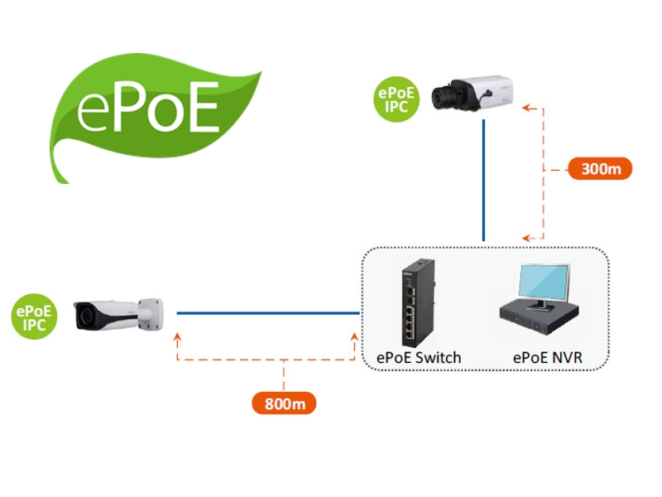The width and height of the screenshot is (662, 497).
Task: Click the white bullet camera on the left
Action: point(116,314)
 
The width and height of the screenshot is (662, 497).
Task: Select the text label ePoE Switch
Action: point(419,358)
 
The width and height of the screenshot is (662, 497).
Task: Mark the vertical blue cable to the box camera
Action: point(484,178)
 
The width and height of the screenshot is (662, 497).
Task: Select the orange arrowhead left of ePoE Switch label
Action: point(357,336)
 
